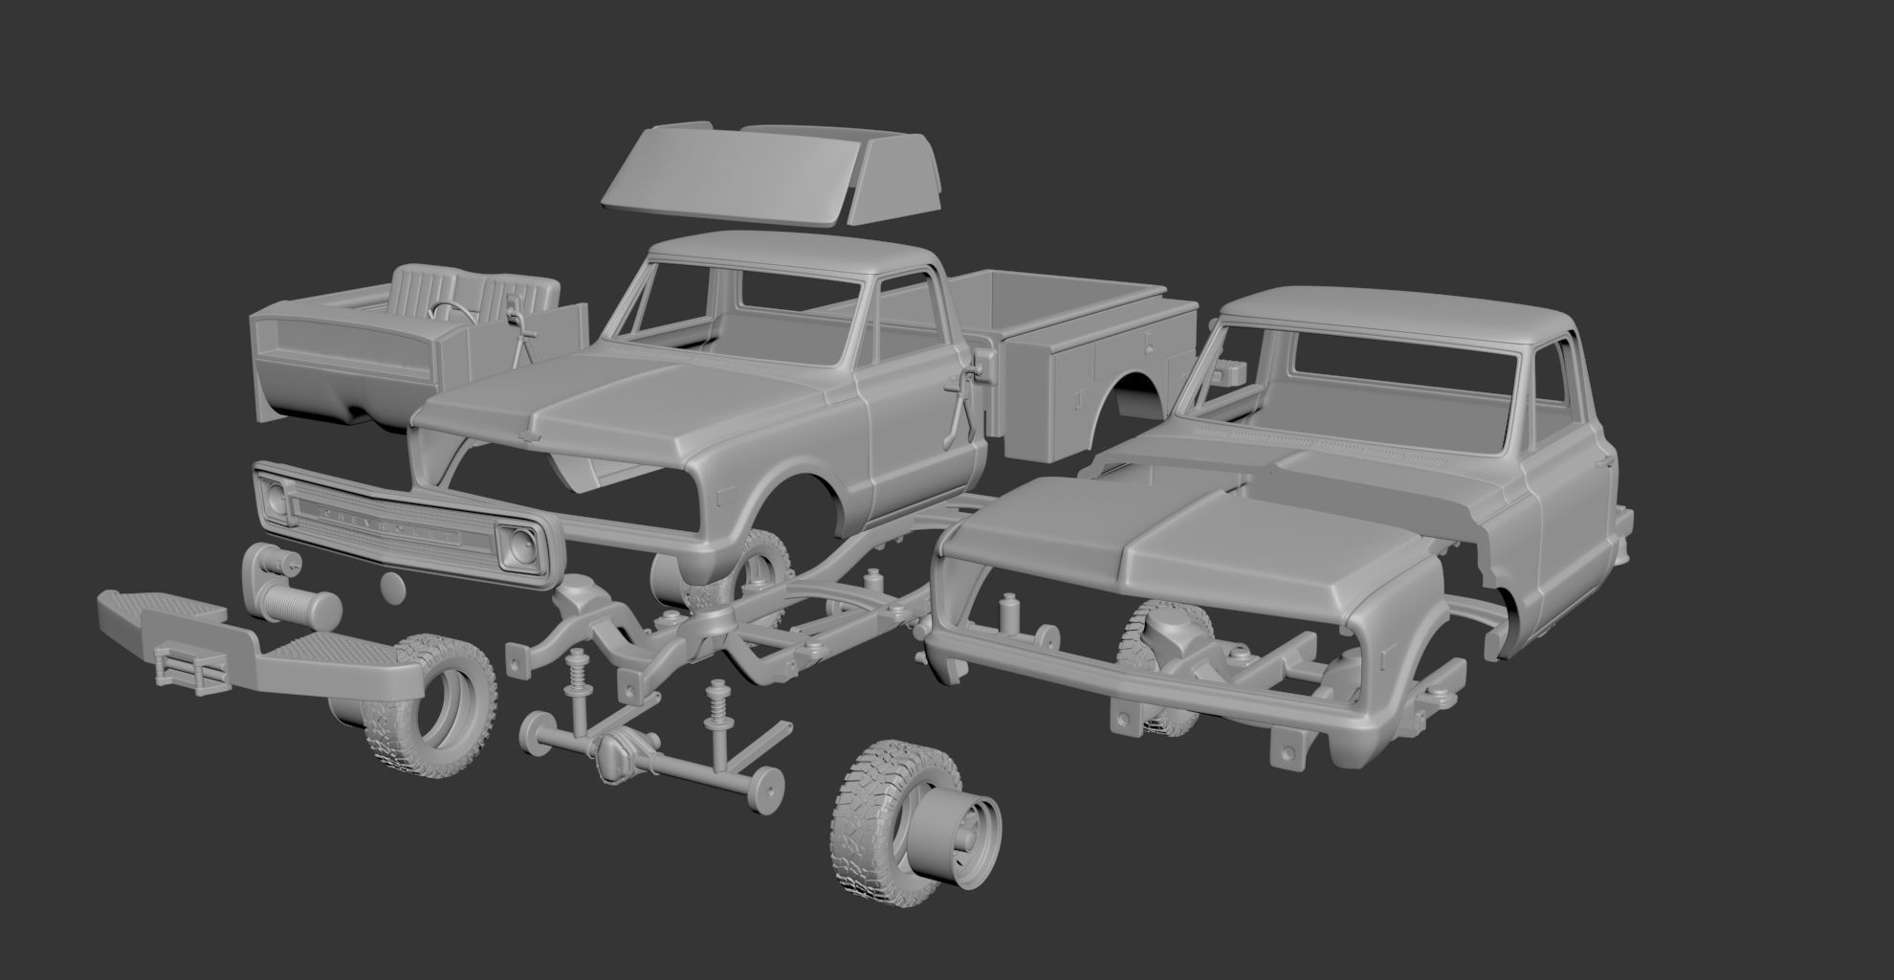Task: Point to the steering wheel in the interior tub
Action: tap(446, 310)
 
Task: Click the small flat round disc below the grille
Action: tap(390, 585)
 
